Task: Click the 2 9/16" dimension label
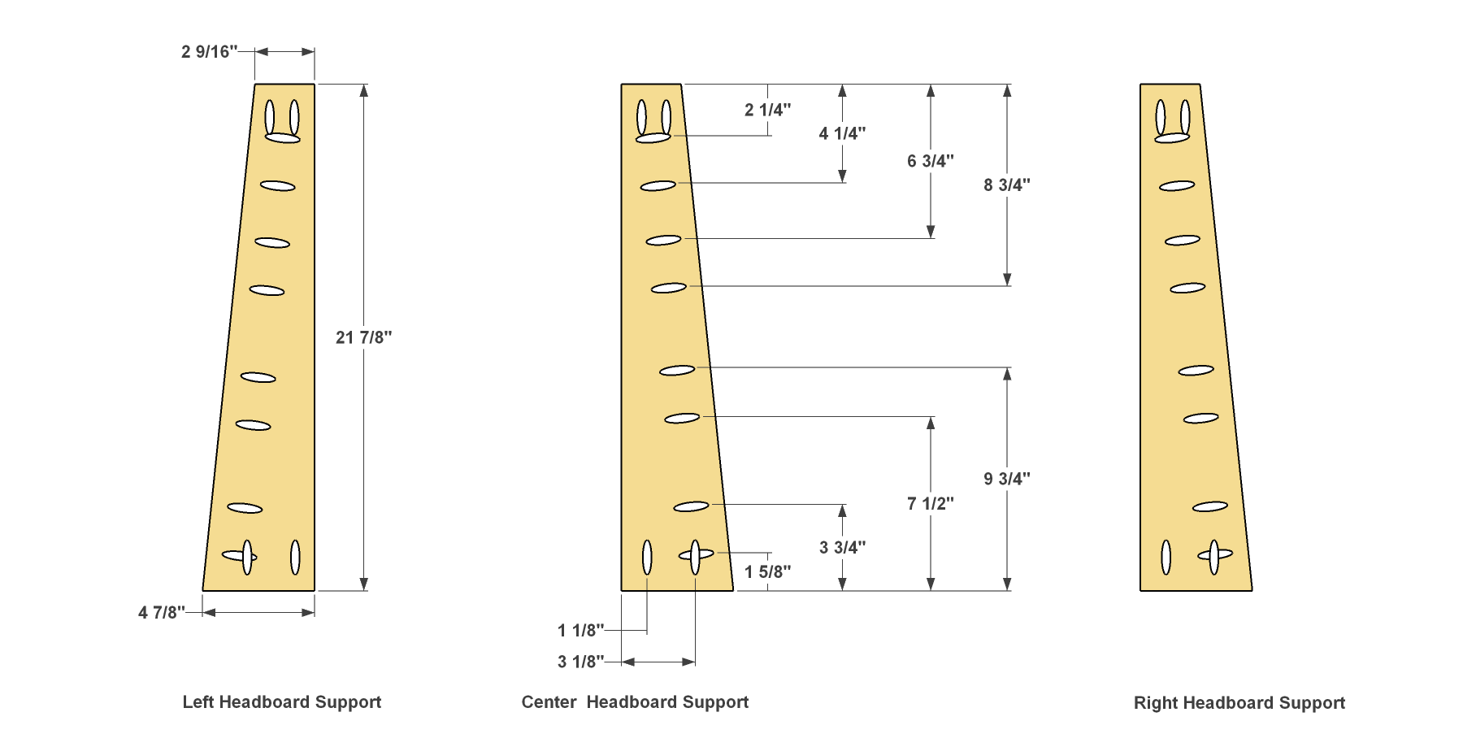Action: click(x=210, y=52)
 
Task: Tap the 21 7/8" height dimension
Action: click(x=364, y=337)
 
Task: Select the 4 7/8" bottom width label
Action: click(x=162, y=613)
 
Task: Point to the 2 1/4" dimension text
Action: click(x=768, y=110)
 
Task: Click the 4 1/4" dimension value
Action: click(x=842, y=133)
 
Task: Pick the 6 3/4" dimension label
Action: click(x=931, y=161)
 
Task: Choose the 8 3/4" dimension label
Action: click(x=1007, y=185)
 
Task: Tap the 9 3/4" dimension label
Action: click(x=1007, y=479)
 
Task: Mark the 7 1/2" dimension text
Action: click(x=931, y=504)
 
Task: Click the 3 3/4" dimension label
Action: click(x=842, y=548)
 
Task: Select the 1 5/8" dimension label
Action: click(x=768, y=572)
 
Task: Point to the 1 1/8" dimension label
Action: click(x=581, y=630)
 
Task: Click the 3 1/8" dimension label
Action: click(x=581, y=662)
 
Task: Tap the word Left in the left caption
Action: click(x=198, y=702)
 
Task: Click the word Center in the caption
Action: click(x=549, y=702)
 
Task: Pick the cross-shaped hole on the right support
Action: click(x=1214, y=556)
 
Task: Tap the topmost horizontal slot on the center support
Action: click(x=653, y=138)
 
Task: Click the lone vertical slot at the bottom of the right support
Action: click(x=1166, y=557)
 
